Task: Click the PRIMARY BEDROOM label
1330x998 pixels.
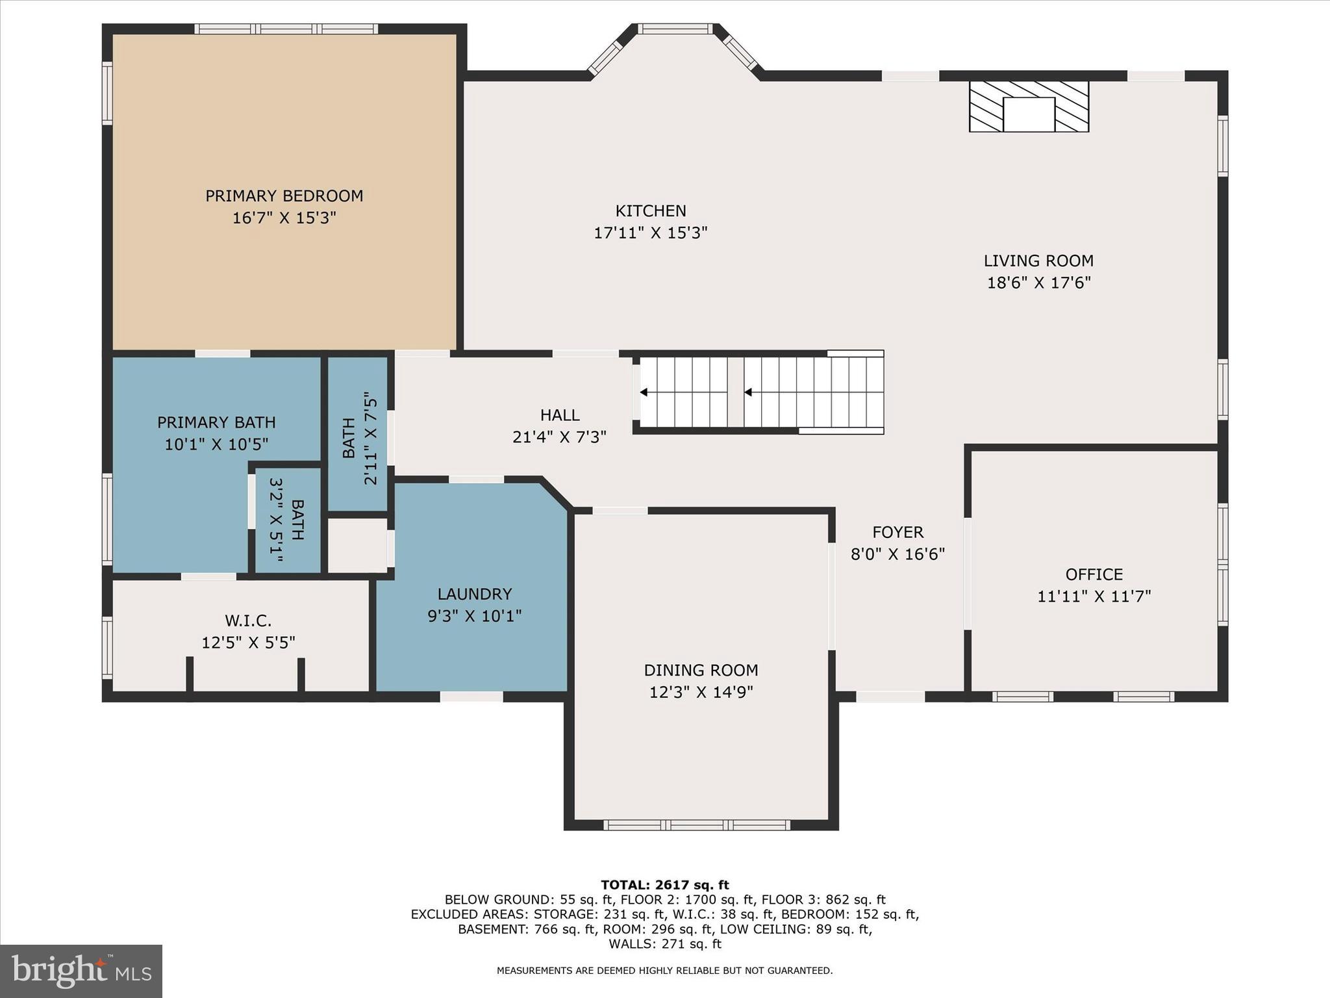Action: [284, 196]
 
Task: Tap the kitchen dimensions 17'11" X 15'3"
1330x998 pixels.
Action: [650, 233]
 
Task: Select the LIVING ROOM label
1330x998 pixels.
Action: [1038, 261]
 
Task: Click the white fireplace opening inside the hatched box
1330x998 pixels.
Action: [1029, 115]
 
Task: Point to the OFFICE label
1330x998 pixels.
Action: [1094, 574]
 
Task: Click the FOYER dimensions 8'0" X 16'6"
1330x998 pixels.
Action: [897, 554]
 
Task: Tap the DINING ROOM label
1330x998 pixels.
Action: [701, 670]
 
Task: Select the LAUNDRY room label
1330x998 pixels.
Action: [474, 594]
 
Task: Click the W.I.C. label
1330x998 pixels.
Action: [248, 621]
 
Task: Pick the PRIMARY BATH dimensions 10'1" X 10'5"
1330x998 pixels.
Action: [216, 444]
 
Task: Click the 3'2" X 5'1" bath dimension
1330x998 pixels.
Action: [277, 520]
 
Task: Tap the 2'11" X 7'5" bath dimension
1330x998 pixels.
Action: [370, 438]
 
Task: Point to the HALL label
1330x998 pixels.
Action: [560, 415]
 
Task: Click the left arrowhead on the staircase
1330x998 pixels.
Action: [644, 392]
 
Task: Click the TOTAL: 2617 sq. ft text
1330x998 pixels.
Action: [664, 884]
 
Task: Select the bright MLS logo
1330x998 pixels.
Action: [81, 971]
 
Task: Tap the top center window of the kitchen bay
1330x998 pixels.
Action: [675, 29]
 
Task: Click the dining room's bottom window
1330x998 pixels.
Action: [696, 825]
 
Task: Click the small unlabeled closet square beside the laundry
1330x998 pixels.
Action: [357, 546]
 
